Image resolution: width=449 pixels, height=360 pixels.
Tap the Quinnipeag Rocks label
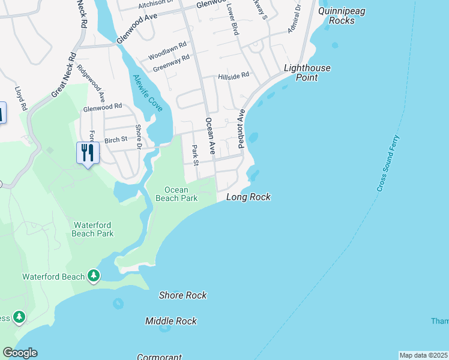342,16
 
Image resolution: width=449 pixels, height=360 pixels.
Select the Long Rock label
249,197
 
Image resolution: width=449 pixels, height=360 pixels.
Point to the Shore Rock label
183,295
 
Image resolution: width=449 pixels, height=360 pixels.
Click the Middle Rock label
171,321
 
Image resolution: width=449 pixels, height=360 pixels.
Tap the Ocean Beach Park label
172,194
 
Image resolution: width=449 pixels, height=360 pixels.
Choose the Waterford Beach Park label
93,229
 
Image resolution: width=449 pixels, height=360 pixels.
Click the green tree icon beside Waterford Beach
93,275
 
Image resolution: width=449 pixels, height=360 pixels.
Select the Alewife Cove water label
148,92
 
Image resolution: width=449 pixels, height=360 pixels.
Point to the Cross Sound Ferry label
388,163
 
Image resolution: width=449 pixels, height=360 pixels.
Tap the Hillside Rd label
234,76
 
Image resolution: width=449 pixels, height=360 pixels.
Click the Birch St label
116,139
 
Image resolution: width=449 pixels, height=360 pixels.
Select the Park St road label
195,154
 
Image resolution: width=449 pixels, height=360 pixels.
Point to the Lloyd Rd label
22,97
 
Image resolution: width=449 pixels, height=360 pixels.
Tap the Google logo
20,353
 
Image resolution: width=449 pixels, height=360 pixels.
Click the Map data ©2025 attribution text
423,355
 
